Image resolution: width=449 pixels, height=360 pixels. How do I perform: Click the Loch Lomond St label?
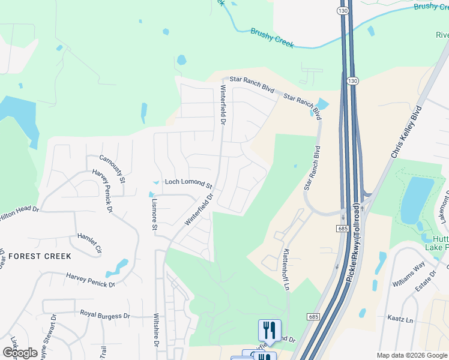click(188, 182)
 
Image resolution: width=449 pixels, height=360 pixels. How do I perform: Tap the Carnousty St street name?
click(112, 169)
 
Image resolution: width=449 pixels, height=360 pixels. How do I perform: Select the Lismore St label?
click(154, 212)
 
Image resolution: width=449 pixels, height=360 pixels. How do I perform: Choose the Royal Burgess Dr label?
click(105, 315)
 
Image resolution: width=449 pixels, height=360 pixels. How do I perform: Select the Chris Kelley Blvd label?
click(406, 133)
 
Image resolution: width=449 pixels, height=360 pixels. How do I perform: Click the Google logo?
click(20, 353)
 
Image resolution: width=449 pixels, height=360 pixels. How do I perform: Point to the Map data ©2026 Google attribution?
click(412, 355)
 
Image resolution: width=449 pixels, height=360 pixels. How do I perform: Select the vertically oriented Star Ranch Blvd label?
click(311, 167)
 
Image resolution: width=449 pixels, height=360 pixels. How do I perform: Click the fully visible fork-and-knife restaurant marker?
click(270, 329)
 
